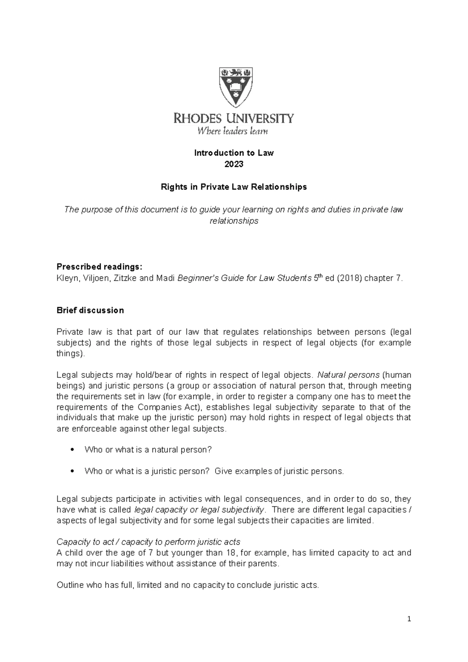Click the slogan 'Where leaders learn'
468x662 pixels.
(x=232, y=131)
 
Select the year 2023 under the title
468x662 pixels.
(x=234, y=164)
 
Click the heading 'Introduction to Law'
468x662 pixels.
(x=234, y=153)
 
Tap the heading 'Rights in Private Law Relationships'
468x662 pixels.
(x=234, y=187)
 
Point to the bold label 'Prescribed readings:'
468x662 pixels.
(x=100, y=267)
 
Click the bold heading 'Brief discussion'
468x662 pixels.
(x=90, y=310)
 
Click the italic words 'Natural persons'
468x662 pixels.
(x=348, y=375)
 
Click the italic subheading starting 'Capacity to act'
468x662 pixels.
(x=148, y=542)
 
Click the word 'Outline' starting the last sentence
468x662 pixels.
(x=70, y=585)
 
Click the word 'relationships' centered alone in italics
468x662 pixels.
(x=234, y=221)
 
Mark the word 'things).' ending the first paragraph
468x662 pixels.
(x=70, y=354)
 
